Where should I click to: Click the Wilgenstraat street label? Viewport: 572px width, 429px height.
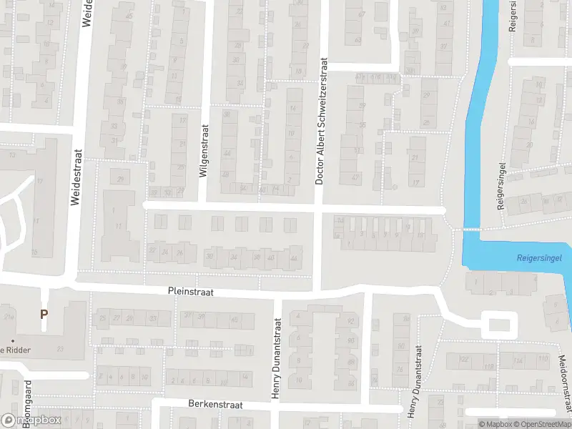[204, 152]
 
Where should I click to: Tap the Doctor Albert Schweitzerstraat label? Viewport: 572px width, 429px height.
[320, 122]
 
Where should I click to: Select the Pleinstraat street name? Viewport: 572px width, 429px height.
[191, 292]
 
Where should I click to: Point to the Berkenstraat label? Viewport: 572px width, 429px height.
[215, 405]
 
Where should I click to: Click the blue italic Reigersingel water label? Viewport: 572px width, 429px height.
[539, 257]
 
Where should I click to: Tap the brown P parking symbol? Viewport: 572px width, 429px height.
[44, 314]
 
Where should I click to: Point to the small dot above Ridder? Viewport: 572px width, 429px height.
[13, 340]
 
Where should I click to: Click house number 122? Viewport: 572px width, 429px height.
[463, 359]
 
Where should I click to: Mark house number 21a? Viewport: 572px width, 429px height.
[10, 317]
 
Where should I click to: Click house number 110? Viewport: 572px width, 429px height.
[543, 359]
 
